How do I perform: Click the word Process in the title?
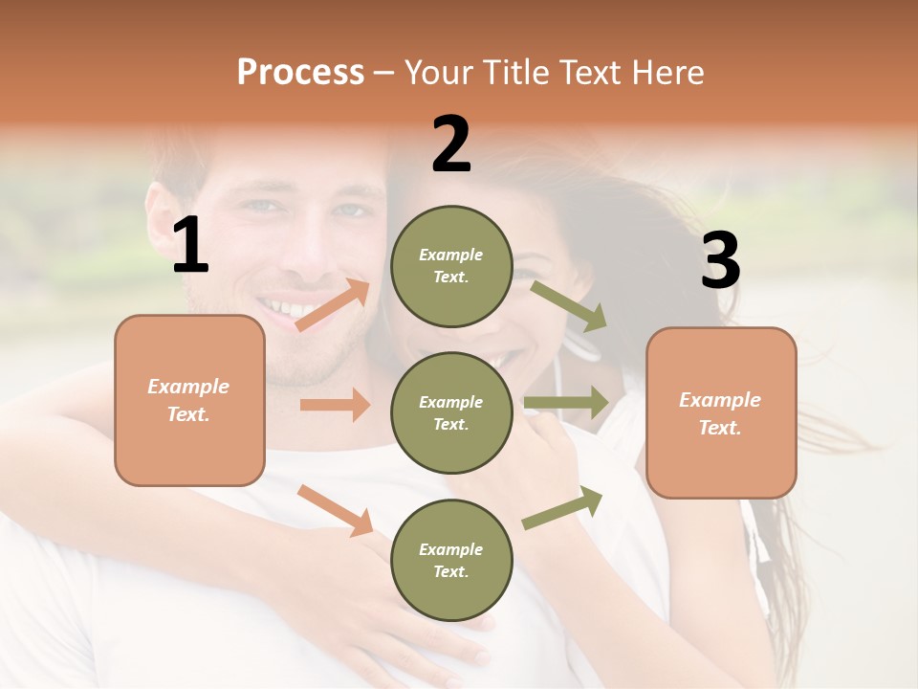pyautogui.click(x=300, y=72)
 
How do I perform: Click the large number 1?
pyautogui.click(x=190, y=246)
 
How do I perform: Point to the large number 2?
pyautogui.click(x=451, y=144)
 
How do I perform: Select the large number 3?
pyautogui.click(x=720, y=260)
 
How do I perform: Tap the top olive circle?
pyautogui.click(x=451, y=266)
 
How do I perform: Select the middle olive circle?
pyautogui.click(x=451, y=412)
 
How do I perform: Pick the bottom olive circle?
pyautogui.click(x=451, y=560)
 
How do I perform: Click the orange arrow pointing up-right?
pyautogui.click(x=333, y=304)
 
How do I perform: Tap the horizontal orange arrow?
pyautogui.click(x=335, y=405)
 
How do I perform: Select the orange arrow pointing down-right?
pyautogui.click(x=335, y=510)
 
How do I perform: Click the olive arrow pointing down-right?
pyautogui.click(x=569, y=305)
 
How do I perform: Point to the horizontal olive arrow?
pyautogui.click(x=566, y=402)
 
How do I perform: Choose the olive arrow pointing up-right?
pyautogui.click(x=563, y=507)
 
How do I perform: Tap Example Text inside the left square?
pyautogui.click(x=188, y=400)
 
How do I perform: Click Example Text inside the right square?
pyautogui.click(x=720, y=413)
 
